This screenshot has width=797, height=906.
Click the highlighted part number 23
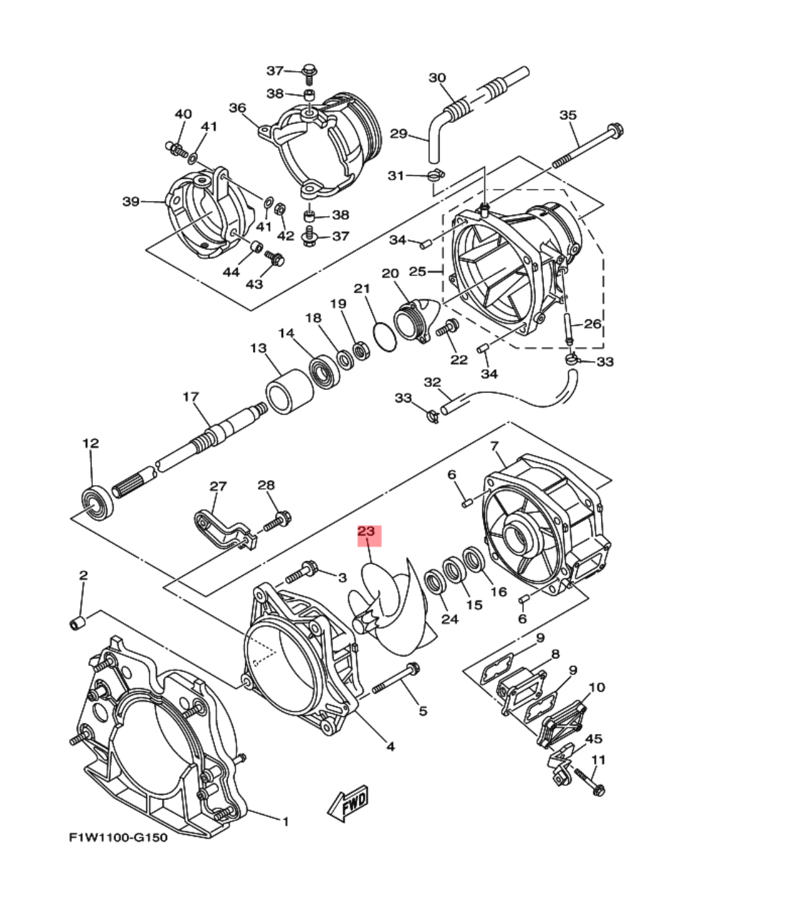[366, 532]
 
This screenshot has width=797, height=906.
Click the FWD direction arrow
[348, 802]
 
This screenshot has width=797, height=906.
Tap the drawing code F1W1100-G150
[119, 838]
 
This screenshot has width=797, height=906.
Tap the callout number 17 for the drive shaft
[190, 397]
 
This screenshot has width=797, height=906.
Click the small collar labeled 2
[75, 623]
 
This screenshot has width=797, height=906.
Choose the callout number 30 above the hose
[437, 77]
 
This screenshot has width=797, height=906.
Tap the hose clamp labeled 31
[436, 176]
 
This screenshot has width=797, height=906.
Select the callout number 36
[237, 108]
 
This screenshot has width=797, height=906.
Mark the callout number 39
[131, 202]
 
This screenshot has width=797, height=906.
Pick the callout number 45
[593, 738]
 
